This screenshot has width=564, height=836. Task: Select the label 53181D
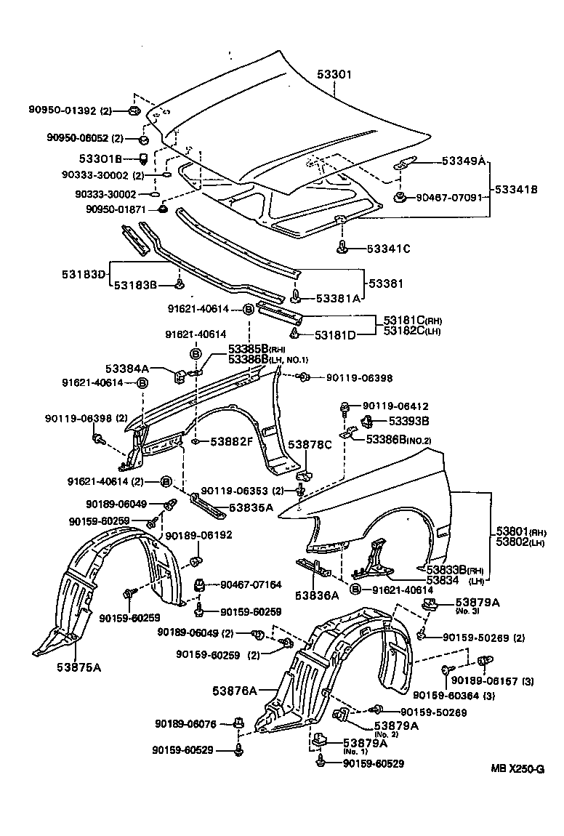point(335,335)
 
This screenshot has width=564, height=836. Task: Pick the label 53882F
point(232,441)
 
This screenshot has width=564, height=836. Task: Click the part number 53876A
point(235,690)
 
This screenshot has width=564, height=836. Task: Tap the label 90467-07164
point(251,584)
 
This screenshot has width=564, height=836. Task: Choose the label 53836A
point(317,595)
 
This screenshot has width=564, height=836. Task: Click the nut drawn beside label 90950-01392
point(134,110)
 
